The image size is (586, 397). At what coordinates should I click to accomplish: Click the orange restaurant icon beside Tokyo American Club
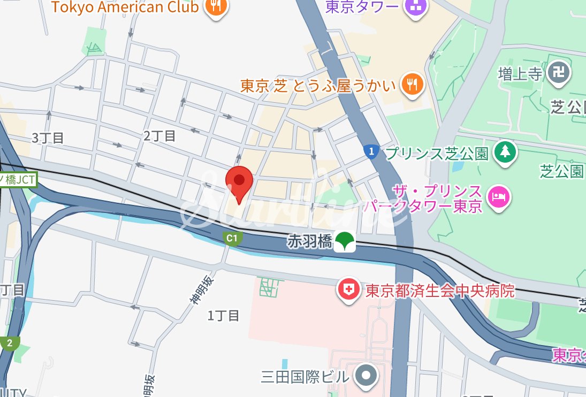click(216, 6)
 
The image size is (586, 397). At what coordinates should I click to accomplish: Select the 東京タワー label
click(362, 6)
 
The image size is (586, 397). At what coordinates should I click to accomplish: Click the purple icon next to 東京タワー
click(415, 6)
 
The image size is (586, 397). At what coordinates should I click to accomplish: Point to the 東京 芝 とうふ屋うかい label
click(318, 86)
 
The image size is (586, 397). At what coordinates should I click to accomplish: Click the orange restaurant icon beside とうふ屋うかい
click(413, 85)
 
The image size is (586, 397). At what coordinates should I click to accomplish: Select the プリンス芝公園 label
click(436, 154)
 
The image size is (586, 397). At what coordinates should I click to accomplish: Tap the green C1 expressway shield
click(231, 239)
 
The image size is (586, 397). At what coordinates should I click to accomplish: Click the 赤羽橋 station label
click(310, 241)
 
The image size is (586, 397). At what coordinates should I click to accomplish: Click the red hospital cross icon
click(348, 290)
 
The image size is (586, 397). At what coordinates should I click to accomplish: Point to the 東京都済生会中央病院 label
click(440, 291)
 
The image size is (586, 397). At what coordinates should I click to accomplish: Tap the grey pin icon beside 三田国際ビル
click(366, 376)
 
